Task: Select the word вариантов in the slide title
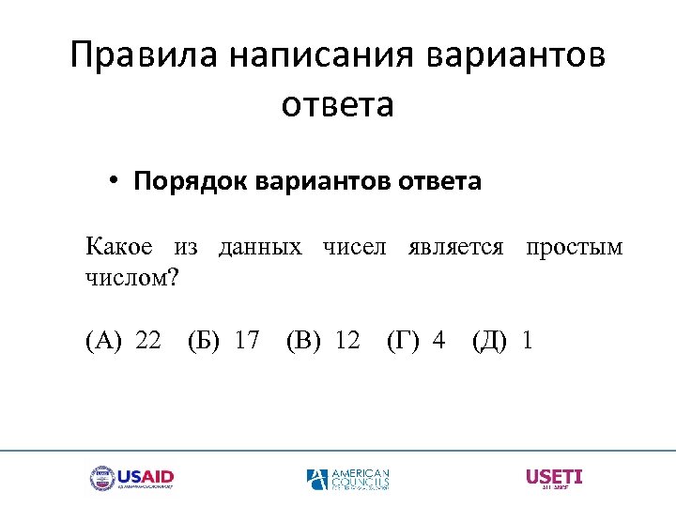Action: point(515,56)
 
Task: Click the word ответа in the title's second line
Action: point(338,104)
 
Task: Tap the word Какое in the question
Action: point(118,247)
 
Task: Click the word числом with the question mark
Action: point(131,278)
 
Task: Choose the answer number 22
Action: point(148,340)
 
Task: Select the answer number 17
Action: point(247,340)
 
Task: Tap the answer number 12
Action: point(347,340)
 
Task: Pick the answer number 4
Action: point(438,340)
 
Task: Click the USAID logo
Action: point(132,478)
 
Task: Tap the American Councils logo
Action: point(347,479)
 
